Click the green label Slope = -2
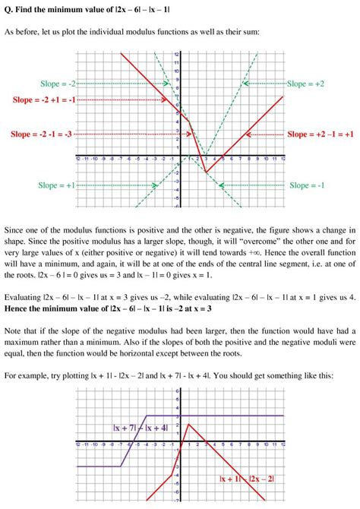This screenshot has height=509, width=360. pos(57,84)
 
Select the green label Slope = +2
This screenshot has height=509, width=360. pos(307,84)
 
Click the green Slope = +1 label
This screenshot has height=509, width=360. pos(57,185)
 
